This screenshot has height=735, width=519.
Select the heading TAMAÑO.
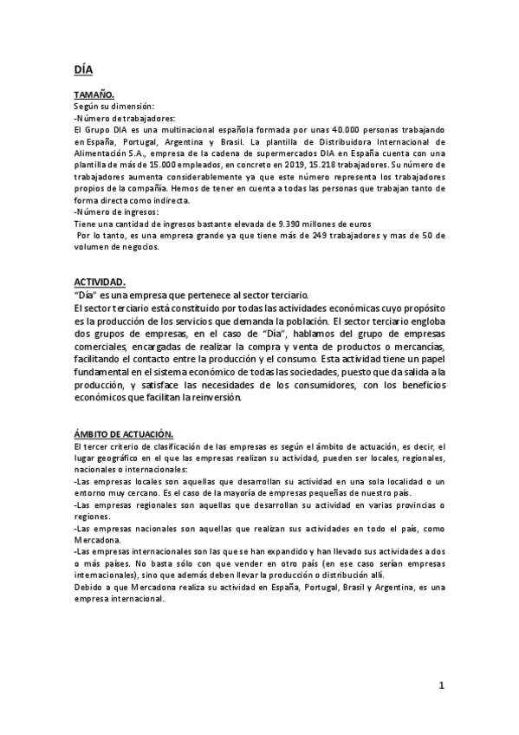[x=94, y=94]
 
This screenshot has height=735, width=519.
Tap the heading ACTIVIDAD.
[x=100, y=282]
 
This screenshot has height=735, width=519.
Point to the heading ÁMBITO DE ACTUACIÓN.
[x=124, y=433]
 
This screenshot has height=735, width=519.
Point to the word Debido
[x=89, y=587]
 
